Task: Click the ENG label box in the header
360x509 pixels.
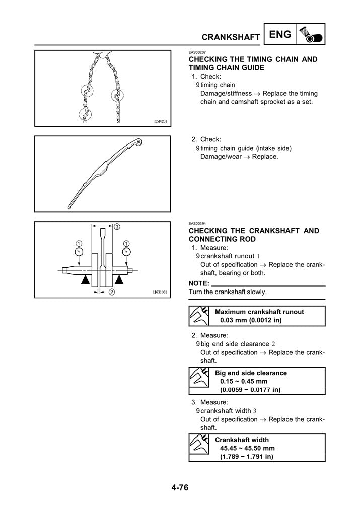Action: pyautogui.click(x=279, y=35)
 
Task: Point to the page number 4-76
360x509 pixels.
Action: pyautogui.click(x=180, y=487)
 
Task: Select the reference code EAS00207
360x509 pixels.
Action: pyautogui.click(x=197, y=52)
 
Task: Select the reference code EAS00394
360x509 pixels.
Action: pyautogui.click(x=197, y=223)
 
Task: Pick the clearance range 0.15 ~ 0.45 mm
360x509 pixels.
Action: pyautogui.click(x=244, y=381)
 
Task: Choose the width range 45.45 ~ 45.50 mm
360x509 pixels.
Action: pyautogui.click(x=247, y=448)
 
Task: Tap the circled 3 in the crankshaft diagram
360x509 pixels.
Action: pyautogui.click(x=116, y=227)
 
